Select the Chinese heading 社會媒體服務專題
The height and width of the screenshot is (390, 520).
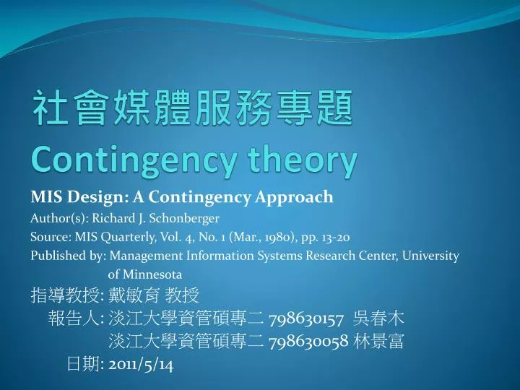point(193,108)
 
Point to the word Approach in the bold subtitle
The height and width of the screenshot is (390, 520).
point(294,198)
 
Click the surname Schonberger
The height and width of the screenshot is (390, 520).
point(184,218)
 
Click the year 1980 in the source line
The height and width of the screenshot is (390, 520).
point(282,238)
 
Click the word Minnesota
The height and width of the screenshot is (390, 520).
point(152,274)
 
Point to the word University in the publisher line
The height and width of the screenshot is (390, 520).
point(430,256)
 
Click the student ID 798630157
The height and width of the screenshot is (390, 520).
point(306,320)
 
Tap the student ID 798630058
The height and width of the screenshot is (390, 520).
point(308,341)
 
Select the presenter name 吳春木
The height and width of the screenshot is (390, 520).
point(378,318)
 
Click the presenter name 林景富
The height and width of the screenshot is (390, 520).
point(378,341)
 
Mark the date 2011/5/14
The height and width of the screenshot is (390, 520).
point(141,365)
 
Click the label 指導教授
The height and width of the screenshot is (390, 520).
point(65,295)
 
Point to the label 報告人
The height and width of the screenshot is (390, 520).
point(74,318)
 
